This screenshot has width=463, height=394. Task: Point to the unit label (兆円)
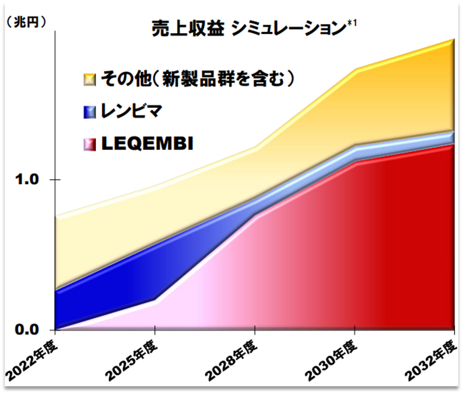(25, 22)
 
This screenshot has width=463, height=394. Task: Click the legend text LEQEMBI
(147, 144)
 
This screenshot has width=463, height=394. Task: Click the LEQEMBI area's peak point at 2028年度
(255, 215)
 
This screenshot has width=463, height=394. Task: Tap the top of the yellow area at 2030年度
(354, 70)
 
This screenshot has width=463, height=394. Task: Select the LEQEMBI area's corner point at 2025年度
(154, 300)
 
